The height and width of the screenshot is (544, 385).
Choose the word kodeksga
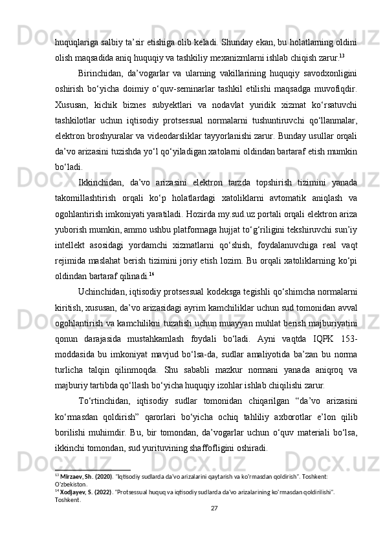204,276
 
